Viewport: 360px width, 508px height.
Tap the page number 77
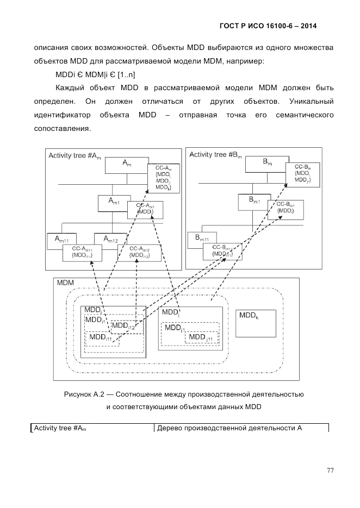tap(330, 471)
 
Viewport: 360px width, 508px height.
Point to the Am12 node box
tap(110, 239)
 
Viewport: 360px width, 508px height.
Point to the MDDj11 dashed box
tap(202, 337)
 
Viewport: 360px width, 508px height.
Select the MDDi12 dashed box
tap(126, 326)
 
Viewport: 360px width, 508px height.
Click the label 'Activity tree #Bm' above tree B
tap(215, 155)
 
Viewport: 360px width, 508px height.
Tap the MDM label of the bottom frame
tap(66, 284)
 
